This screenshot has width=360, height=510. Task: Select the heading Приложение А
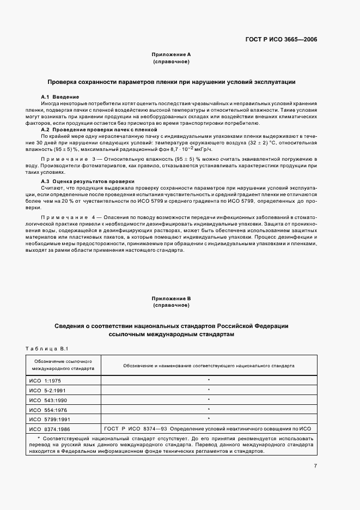[171, 54]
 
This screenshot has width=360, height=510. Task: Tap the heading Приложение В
[171, 299]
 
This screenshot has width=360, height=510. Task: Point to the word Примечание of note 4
[62, 217]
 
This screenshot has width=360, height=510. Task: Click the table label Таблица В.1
[45, 348]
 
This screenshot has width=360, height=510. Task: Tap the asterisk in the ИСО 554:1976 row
[209, 409]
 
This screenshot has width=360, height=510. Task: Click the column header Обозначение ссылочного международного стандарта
[63, 365]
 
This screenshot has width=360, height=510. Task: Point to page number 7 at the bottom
[315, 465]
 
